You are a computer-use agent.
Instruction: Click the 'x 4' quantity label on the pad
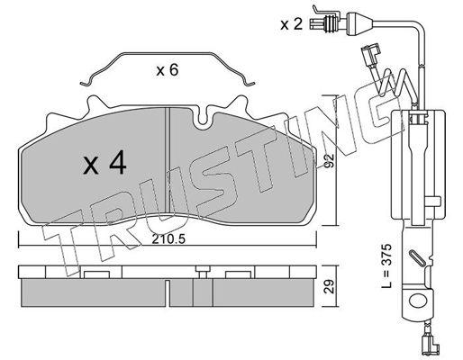pyautogui.click(x=104, y=163)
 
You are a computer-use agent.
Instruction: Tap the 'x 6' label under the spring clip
pyautogui.click(x=168, y=70)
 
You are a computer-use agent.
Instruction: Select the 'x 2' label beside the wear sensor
pyautogui.click(x=291, y=24)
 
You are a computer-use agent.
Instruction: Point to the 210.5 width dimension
pyautogui.click(x=168, y=239)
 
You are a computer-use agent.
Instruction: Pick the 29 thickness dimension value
pyautogui.click(x=329, y=286)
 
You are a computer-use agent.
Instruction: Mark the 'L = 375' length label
pyautogui.click(x=386, y=265)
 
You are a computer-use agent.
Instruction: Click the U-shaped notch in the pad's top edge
pyautogui.click(x=204, y=119)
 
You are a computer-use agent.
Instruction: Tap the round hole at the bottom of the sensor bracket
pyautogui.click(x=417, y=300)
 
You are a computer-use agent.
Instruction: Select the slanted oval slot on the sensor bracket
pyautogui.click(x=416, y=257)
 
